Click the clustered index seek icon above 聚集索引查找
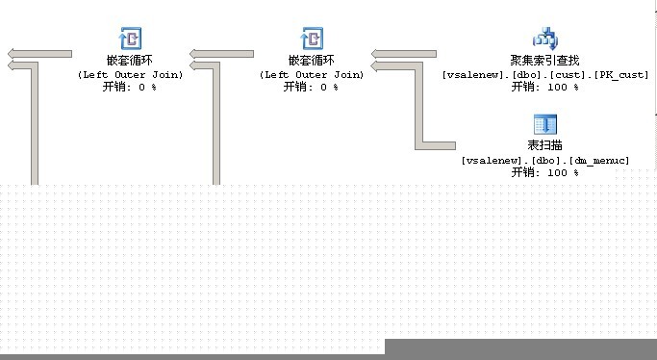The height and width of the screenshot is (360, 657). click(x=545, y=39)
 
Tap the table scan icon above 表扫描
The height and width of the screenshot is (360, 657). click(x=545, y=125)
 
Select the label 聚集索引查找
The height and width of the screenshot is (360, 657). click(x=544, y=61)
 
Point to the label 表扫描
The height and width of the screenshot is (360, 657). click(x=544, y=145)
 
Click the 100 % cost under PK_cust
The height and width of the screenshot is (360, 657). click(x=563, y=88)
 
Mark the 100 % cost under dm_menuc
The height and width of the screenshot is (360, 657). click(x=563, y=172)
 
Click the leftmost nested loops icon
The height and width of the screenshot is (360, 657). click(x=130, y=39)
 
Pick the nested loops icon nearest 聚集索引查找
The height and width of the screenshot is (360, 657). click(x=312, y=39)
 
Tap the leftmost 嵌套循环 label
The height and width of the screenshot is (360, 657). click(x=130, y=61)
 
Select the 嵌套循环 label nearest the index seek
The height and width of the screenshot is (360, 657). click(x=312, y=61)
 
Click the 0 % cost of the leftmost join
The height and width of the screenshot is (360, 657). click(x=147, y=88)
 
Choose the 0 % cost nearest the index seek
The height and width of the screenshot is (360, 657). click(x=329, y=88)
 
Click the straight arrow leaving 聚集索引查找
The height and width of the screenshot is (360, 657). click(x=403, y=54)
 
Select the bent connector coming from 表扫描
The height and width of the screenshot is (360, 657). click(x=419, y=105)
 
